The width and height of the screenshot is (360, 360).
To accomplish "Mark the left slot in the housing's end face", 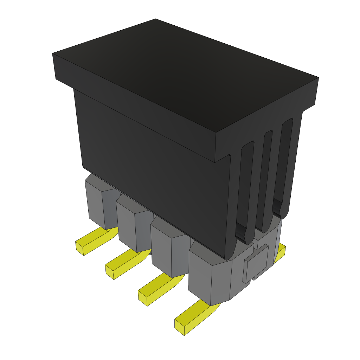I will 246,190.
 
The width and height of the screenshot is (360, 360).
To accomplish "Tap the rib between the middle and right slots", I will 276,172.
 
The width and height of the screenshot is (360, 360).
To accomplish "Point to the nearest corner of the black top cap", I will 215,133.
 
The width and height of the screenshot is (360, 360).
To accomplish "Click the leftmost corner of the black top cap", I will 53,54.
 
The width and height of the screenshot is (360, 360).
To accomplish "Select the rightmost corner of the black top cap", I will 318,78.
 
